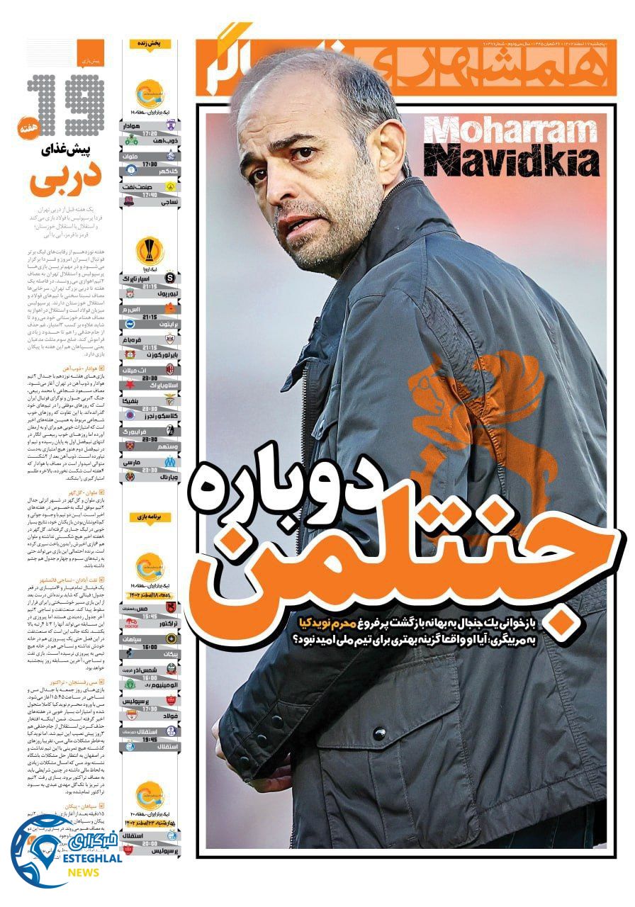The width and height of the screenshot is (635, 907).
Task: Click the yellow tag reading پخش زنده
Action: point(150,44)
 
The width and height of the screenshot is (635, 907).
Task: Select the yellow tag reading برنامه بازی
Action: point(150,517)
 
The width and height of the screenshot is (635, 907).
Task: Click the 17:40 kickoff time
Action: point(150,195)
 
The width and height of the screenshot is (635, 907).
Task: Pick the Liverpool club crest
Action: point(172,292)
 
